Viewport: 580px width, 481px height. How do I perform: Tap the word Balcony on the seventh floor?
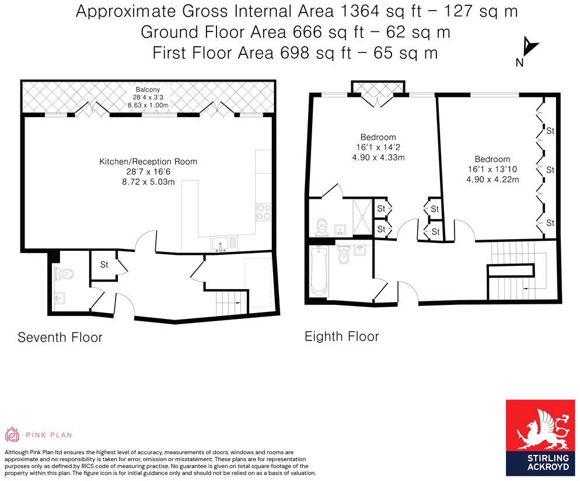pos(147,89)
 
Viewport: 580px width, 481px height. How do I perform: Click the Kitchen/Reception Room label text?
pos(148,161)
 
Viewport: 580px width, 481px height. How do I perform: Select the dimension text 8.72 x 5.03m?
pos(148,182)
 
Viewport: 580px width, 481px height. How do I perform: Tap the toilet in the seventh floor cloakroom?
pos(62,272)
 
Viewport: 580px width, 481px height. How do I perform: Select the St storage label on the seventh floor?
pos(104,265)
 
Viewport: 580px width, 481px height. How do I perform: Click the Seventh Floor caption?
pos(60,337)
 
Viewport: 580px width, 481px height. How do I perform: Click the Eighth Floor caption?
pos(341,336)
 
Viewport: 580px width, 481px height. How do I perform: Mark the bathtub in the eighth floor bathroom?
pos(319,272)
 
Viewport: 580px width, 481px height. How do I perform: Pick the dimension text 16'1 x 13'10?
pos(492,169)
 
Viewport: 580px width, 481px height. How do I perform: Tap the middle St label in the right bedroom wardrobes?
pos(549,170)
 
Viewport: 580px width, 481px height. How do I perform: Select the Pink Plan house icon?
pos(12,434)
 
